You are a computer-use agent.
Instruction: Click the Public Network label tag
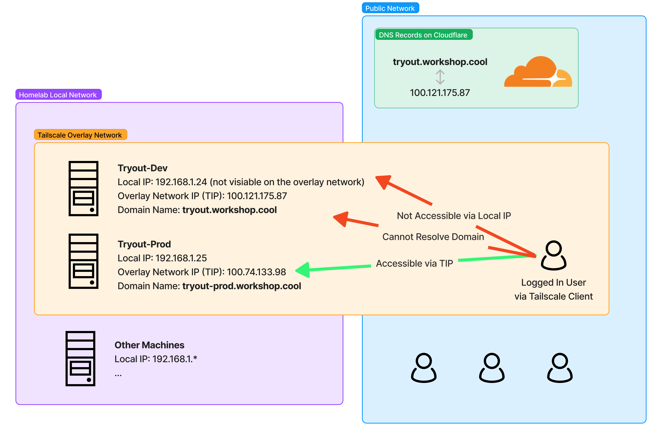tap(390, 8)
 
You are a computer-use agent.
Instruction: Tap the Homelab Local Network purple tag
tap(58, 95)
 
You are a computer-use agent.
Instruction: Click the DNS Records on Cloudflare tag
tap(423, 35)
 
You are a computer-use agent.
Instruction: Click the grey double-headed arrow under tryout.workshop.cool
tap(440, 77)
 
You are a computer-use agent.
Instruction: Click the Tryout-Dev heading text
tap(142, 168)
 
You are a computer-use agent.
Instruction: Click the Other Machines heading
tap(149, 345)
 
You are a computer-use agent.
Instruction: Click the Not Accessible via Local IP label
tap(454, 216)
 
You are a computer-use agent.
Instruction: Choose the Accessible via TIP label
tap(414, 263)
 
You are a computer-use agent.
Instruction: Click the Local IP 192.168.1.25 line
tap(162, 258)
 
